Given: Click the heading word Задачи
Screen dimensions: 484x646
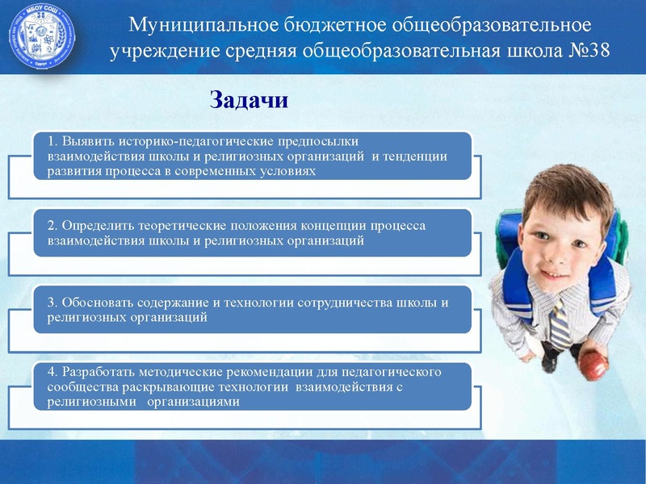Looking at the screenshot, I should point(249,100).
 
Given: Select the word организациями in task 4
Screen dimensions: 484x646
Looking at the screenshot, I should point(194,403).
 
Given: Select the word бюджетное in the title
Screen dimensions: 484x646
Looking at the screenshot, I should point(333,23).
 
